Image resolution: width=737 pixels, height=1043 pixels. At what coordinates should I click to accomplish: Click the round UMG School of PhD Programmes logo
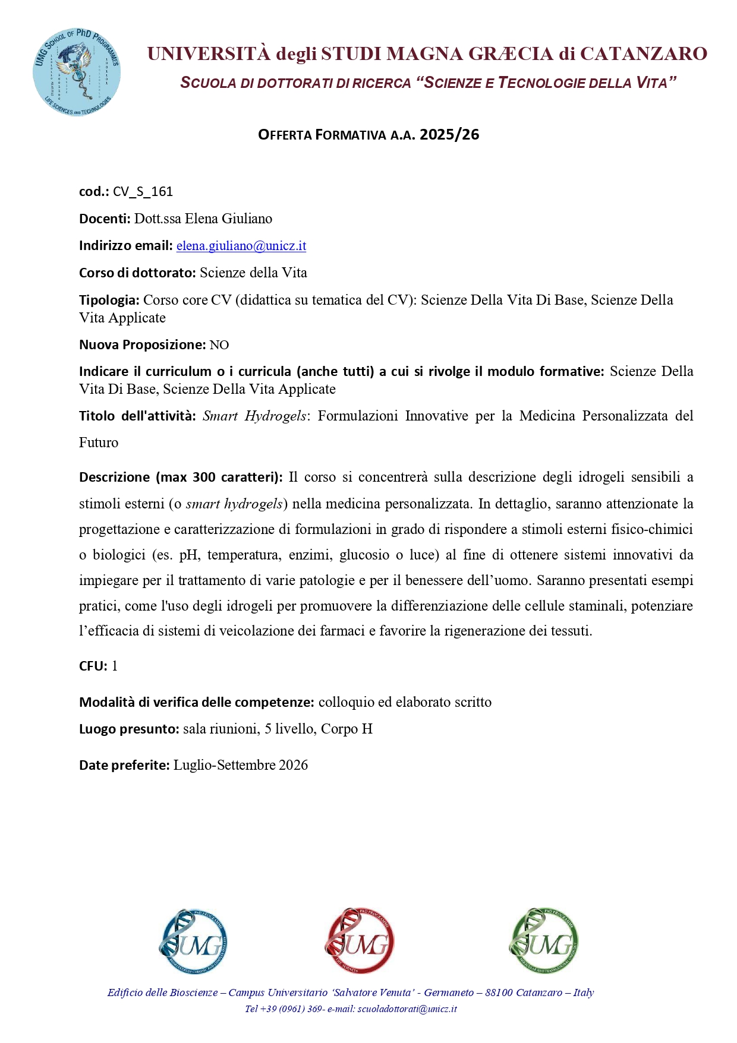coord(77,71)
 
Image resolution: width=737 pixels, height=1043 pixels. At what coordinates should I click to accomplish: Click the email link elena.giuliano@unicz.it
coord(241,246)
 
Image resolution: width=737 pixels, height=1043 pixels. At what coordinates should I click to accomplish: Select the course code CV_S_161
coord(143,191)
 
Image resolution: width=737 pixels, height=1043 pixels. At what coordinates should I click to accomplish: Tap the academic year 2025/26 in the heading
coord(449,135)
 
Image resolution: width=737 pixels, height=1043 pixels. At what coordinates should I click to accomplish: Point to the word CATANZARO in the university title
coord(643,54)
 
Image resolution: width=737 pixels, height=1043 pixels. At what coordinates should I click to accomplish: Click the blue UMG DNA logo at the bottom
coord(193,941)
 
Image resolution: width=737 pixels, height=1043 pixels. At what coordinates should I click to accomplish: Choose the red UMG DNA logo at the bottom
coord(360,941)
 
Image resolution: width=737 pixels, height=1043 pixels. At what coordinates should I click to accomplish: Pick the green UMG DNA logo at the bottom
coord(544,941)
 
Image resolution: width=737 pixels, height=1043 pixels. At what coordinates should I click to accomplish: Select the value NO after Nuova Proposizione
coord(219,345)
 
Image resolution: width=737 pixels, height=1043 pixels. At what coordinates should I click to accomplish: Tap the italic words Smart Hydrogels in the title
coord(254,416)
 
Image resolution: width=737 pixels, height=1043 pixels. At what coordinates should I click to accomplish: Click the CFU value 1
coord(115,666)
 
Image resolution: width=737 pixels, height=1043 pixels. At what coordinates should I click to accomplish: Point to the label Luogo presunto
coord(129,729)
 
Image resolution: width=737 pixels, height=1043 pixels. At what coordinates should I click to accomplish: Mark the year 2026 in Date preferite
coord(293,765)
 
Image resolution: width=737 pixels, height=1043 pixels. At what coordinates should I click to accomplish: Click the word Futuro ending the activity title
coord(99,443)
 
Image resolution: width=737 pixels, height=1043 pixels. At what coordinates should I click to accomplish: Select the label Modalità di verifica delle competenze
coord(196,702)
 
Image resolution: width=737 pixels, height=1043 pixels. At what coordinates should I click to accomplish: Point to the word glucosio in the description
coord(364,555)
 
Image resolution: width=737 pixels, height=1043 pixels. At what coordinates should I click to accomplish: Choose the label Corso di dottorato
coord(137,273)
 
